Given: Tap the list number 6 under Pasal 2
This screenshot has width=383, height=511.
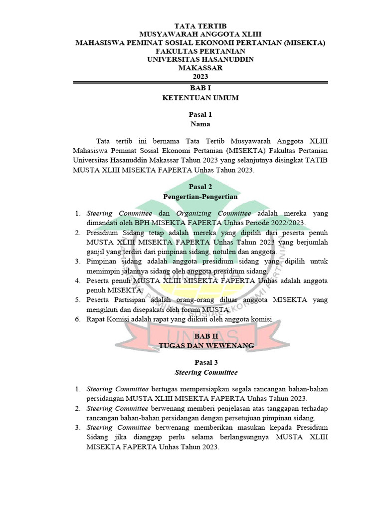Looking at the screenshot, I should point(77,319).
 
